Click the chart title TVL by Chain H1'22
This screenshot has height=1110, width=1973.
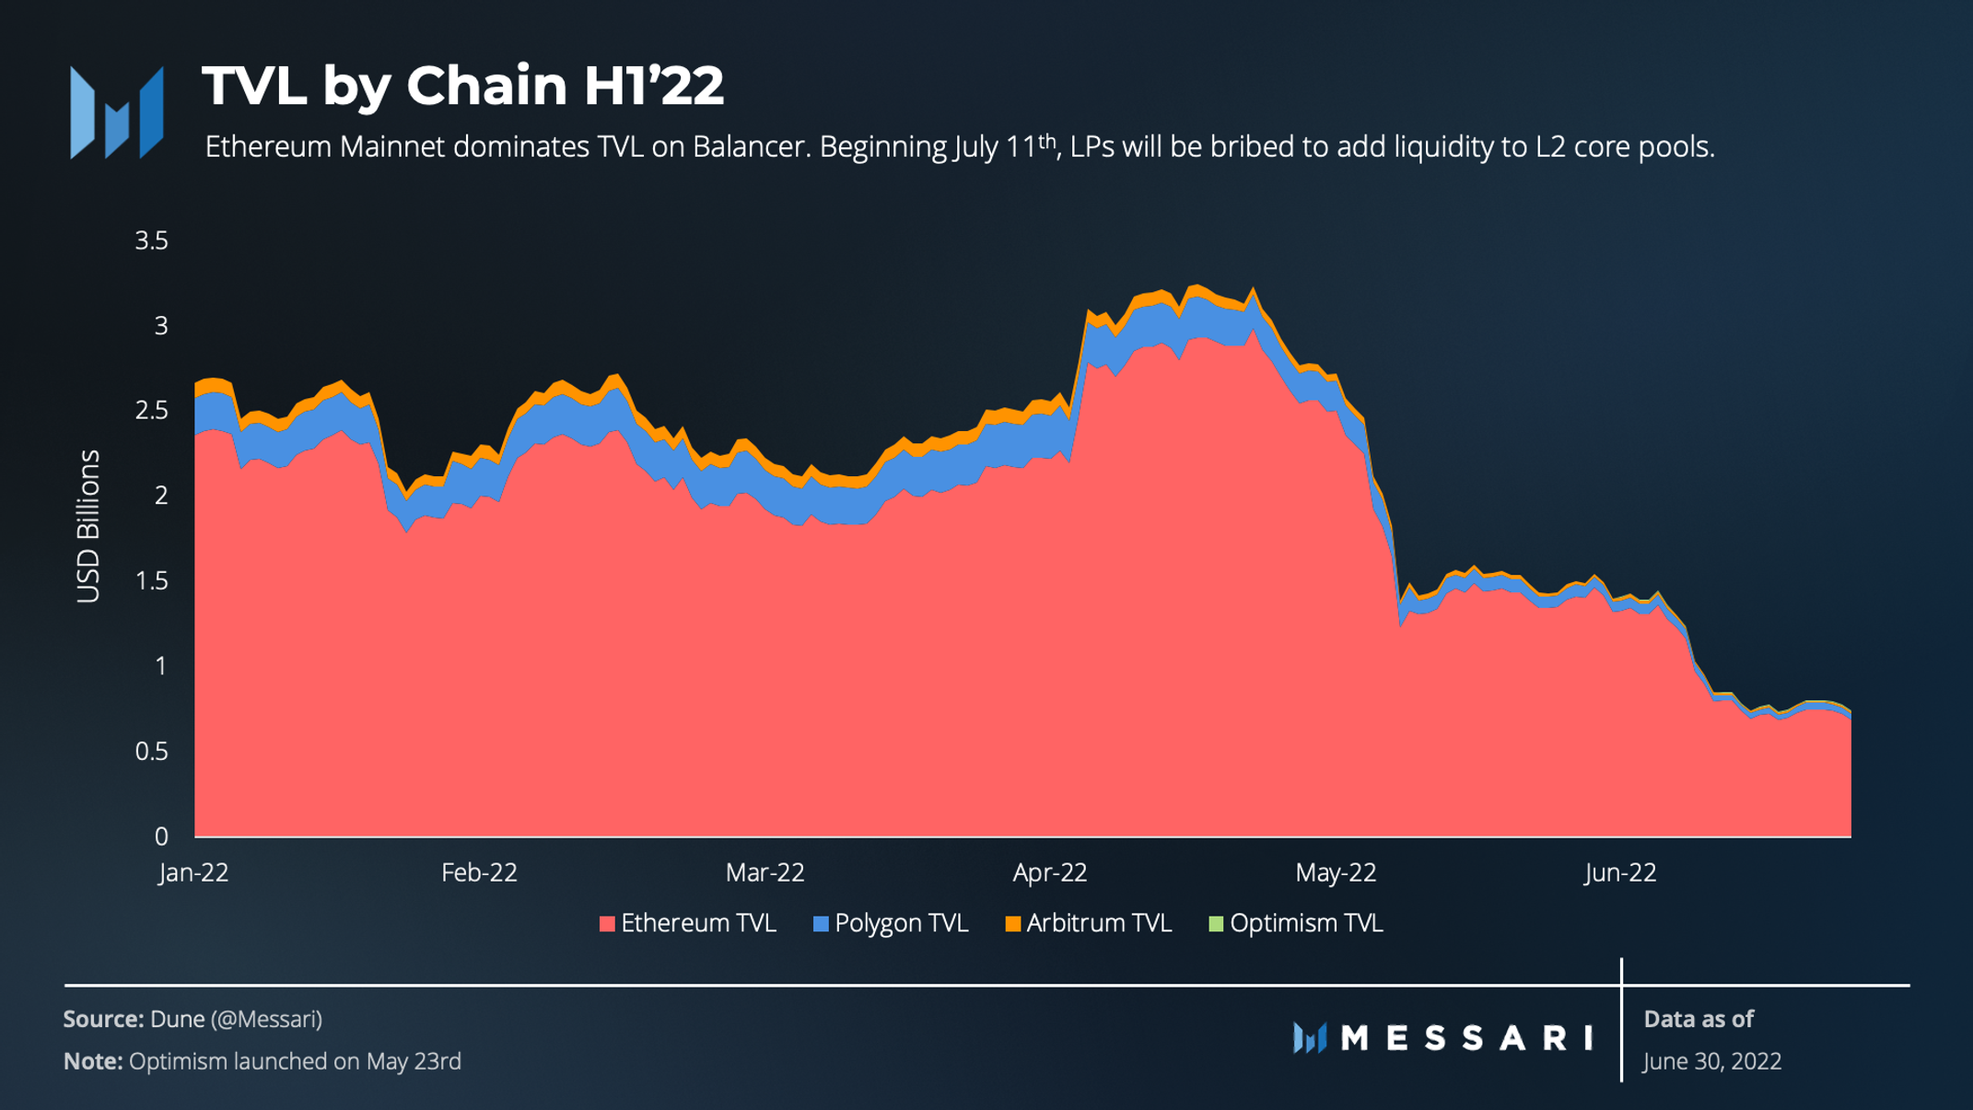462,86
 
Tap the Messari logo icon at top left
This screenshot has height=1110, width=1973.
117,112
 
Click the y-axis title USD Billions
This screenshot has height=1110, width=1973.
88,526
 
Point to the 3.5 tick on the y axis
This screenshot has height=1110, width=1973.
152,241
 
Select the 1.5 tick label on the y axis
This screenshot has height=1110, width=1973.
152,581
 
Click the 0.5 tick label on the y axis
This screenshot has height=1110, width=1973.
152,752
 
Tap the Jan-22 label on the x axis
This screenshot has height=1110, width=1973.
193,872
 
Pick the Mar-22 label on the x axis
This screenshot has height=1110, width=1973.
765,872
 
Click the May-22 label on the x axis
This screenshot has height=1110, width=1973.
1336,872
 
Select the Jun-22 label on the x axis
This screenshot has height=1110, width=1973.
1620,872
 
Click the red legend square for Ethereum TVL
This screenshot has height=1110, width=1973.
607,924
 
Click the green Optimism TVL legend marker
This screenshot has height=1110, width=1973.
1216,924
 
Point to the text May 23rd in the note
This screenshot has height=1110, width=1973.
414,1061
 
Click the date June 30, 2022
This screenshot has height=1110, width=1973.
1712,1061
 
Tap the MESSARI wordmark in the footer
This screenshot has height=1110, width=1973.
1466,1038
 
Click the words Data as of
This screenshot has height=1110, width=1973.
1699,1019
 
